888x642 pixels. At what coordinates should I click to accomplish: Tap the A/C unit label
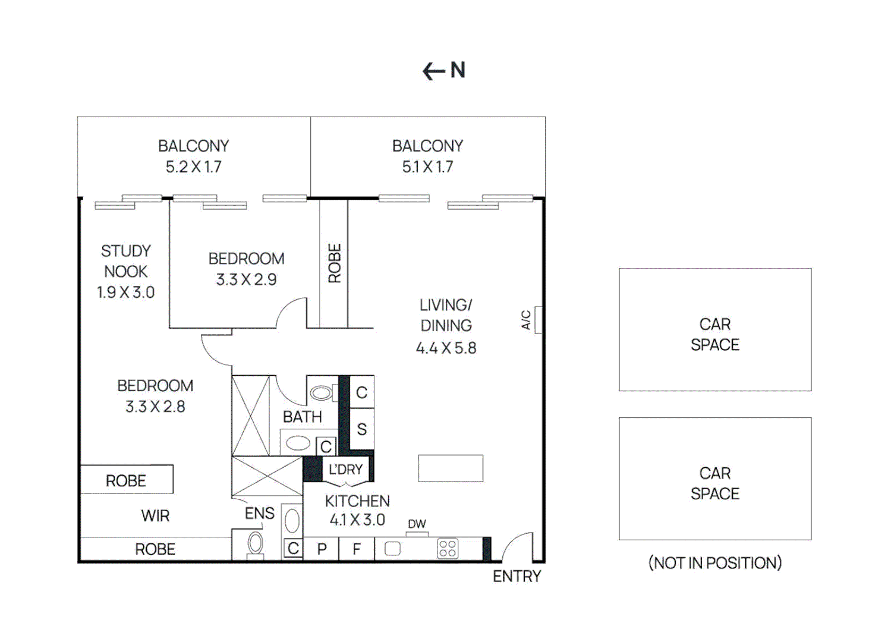point(526,320)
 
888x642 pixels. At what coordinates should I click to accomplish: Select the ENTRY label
point(517,576)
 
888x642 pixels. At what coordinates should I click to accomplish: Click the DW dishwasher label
point(417,524)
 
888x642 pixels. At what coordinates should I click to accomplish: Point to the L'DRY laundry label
point(345,470)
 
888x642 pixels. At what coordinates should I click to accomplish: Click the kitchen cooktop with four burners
point(448,548)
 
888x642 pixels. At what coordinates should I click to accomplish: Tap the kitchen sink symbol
point(392,548)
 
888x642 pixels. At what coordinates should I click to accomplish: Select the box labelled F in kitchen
point(357,549)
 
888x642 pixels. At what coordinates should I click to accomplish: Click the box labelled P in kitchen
point(322,549)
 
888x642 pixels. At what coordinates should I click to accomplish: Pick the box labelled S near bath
point(361,429)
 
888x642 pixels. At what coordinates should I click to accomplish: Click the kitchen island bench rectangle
point(451,468)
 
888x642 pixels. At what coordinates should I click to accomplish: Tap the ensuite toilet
point(256,543)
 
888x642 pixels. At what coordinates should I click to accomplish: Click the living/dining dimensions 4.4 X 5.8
point(446,348)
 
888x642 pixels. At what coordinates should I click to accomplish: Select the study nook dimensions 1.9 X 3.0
point(125,292)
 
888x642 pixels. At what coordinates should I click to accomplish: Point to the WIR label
point(155,515)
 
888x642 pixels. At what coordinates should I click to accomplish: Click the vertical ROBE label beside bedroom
point(334,263)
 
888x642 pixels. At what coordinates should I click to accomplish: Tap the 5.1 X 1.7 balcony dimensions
point(427,167)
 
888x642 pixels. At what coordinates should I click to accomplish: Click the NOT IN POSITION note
point(714,562)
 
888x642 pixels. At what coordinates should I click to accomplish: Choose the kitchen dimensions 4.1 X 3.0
point(357,520)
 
